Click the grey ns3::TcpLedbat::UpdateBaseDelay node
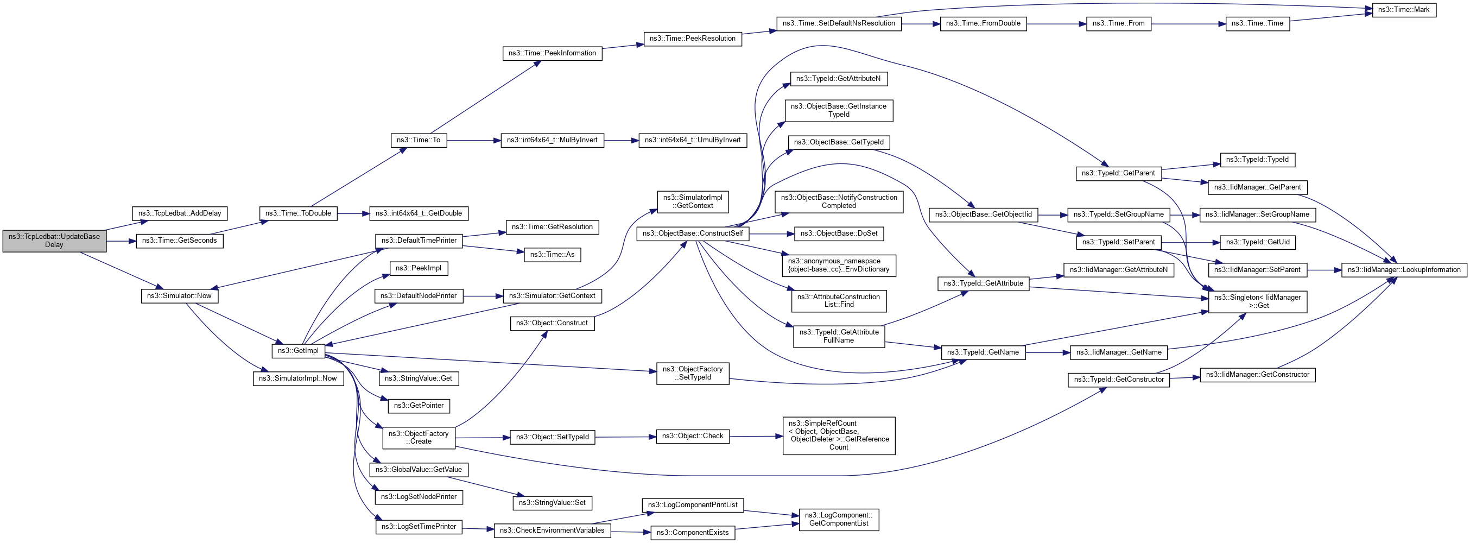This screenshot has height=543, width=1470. [x=54, y=241]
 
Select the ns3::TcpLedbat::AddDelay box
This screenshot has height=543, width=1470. [x=180, y=213]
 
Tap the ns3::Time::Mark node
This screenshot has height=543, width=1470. [x=1403, y=10]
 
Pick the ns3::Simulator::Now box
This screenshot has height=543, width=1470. [x=179, y=296]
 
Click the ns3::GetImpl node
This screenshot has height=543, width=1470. [x=299, y=351]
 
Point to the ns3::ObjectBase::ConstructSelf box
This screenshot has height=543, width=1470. [x=692, y=233]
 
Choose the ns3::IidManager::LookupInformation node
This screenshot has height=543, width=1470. [x=1403, y=270]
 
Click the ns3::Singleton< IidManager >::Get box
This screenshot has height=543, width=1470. [x=1257, y=301]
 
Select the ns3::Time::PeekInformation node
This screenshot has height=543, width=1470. [x=552, y=53]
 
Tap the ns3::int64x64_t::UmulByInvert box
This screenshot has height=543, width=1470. [x=692, y=140]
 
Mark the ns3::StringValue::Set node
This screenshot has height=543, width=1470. [x=552, y=503]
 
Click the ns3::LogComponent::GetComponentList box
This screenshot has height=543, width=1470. [x=838, y=520]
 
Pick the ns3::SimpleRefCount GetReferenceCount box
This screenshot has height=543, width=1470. [x=838, y=435]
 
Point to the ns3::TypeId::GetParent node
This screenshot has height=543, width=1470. [x=1118, y=173]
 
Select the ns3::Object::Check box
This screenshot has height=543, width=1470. [x=692, y=436]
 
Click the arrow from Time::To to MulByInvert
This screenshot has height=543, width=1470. [x=474, y=140]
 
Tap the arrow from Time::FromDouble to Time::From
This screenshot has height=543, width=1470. [x=1056, y=24]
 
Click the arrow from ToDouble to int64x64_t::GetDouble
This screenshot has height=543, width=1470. [x=353, y=213]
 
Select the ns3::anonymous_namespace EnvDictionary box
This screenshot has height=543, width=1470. [x=838, y=266]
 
